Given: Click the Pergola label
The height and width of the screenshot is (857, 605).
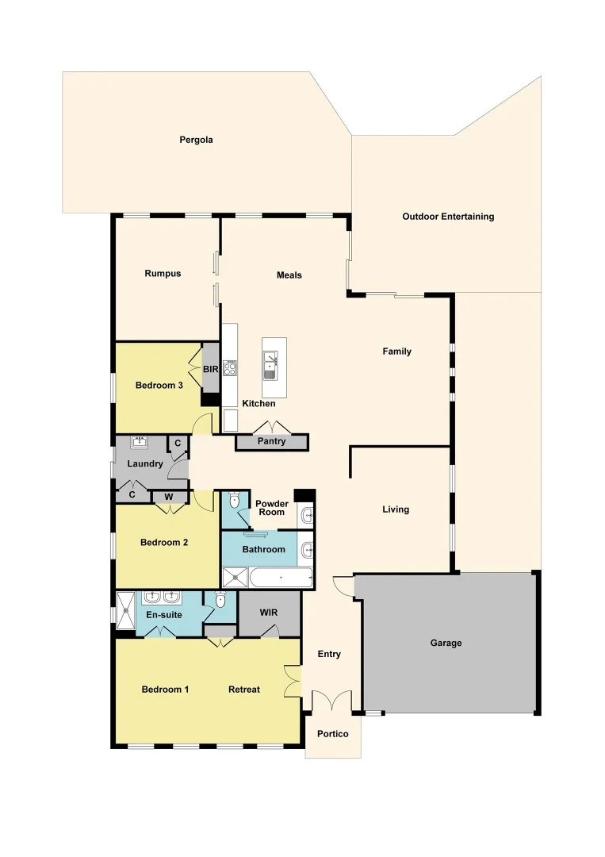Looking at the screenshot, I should coord(196,140).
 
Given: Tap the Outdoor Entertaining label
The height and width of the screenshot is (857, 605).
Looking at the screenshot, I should coord(448,217).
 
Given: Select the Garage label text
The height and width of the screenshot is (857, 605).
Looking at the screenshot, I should coord(446,643).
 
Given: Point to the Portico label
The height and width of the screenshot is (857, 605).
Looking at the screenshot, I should coord(333,734).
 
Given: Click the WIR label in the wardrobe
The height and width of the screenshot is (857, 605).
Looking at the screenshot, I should coord(270,613).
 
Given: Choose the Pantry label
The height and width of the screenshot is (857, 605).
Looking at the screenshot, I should coord(271,441).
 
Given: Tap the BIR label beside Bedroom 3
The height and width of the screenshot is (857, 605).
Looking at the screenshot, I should coord(211,370).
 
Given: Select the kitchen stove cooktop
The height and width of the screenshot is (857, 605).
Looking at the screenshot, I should coord(231,368).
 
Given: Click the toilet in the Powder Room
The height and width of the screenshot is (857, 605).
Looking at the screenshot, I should coord(235,502).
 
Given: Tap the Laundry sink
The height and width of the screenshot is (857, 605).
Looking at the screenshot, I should coord(140,442).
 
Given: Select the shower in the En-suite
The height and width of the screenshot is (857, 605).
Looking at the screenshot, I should coord(126,609).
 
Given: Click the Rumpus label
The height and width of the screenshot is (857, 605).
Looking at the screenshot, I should coord(163,274).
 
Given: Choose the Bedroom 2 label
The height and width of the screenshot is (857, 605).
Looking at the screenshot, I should coord(164,543).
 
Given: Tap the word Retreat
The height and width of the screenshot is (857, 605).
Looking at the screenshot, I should coord(244,690).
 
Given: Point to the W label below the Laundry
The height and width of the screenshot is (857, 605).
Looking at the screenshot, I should coord(169,498).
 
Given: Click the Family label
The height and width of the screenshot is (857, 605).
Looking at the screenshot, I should coord(396,352).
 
